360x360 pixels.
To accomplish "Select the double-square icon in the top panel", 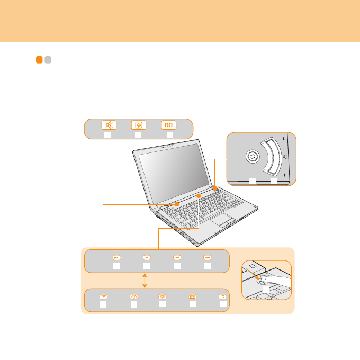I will click(x=169, y=125).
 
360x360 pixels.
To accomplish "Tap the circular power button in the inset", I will click(x=253, y=157).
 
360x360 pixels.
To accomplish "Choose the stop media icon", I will click(x=147, y=257).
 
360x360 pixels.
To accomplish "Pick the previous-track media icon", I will click(x=177, y=257).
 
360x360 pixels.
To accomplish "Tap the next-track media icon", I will click(x=208, y=257).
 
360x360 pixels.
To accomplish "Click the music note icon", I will click(x=223, y=298).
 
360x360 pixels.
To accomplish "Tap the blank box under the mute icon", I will click(x=107, y=136).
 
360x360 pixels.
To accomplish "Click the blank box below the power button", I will click(x=253, y=181).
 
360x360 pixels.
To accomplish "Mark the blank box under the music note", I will click(x=223, y=305).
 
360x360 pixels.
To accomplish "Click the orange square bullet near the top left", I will click(x=39, y=60).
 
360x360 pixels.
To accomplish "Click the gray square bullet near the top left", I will click(x=47, y=60).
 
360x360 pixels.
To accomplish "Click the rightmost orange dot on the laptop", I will click(x=215, y=188).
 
